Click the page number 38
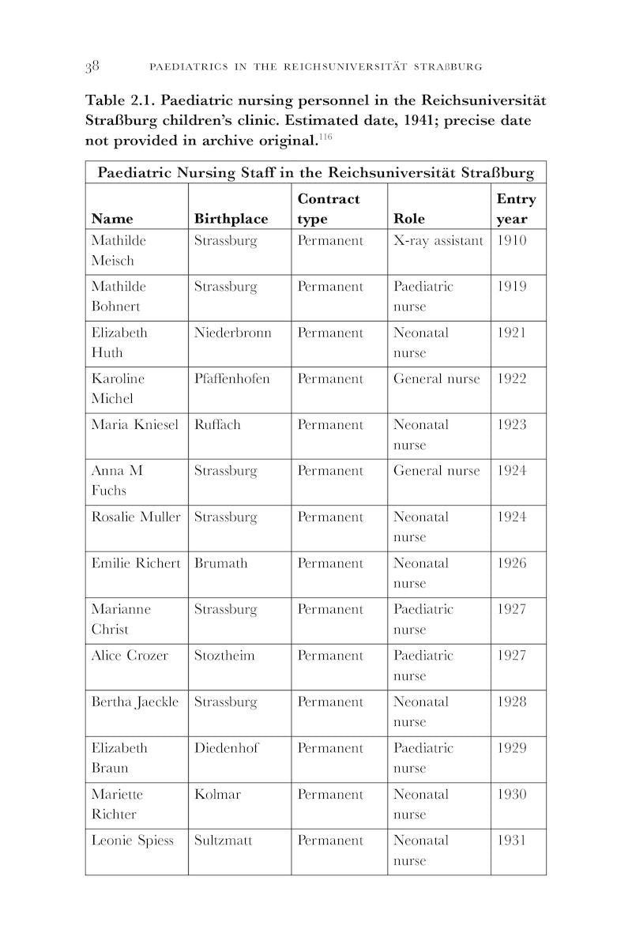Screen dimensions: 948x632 (92, 66)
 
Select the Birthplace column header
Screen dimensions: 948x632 (231, 219)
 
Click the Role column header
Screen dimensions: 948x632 (408, 219)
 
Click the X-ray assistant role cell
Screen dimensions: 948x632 (438, 240)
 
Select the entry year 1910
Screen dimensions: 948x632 (511, 240)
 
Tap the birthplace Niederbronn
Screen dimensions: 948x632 (232, 333)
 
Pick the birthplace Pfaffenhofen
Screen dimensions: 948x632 (231, 378)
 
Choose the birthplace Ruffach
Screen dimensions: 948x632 (217, 425)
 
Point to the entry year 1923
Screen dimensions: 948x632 (511, 425)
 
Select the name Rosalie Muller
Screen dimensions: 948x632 (136, 517)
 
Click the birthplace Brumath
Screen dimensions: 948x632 (220, 563)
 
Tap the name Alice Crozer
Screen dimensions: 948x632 (130, 656)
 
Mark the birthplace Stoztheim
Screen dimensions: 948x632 (224, 656)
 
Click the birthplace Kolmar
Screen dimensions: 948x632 (217, 794)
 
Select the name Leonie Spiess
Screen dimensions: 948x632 (132, 841)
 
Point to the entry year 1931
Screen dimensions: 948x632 (511, 841)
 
